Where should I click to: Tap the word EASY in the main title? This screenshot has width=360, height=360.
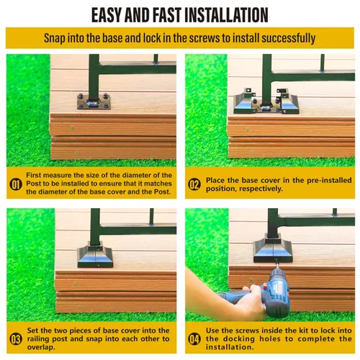[107, 15]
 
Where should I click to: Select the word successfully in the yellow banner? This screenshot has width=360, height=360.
[289, 38]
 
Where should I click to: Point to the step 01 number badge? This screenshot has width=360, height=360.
[16, 184]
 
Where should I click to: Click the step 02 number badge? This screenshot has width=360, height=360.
[194, 184]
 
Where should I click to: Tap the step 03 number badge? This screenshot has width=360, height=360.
[16, 339]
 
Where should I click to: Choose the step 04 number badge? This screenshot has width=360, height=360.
[194, 339]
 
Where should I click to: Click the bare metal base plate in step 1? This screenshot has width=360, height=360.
[94, 102]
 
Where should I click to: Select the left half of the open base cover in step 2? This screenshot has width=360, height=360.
[245, 102]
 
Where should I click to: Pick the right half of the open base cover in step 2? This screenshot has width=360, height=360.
[288, 102]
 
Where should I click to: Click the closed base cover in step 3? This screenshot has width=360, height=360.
[95, 254]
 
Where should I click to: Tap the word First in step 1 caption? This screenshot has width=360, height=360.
[33, 175]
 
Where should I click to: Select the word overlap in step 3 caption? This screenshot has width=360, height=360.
[41, 348]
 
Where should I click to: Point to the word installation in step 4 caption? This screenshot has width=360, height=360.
[230, 347]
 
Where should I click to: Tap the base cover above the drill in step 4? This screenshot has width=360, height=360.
[273, 250]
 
